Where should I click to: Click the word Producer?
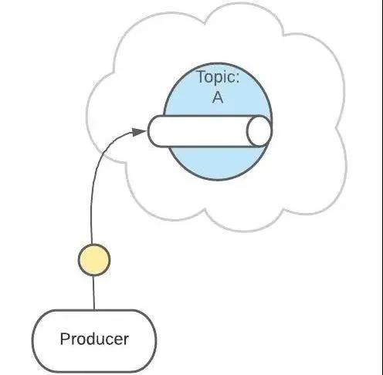pos(94,339)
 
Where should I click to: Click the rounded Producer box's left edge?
pos(33,341)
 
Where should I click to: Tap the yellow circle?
pos(94,259)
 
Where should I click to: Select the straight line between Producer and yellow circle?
pos(93,292)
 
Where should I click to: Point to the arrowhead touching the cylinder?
pos(140,132)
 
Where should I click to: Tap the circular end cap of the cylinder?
pos(259,131)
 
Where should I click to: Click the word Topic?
pos(219,77)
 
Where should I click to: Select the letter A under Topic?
pos(218,97)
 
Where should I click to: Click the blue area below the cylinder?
pos(216,163)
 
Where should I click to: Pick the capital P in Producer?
pos(65,339)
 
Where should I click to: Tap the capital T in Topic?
pos(202,76)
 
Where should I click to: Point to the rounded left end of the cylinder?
pos(152,131)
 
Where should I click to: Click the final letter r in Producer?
pos(125,341)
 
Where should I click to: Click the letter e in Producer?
pos(117,341)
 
